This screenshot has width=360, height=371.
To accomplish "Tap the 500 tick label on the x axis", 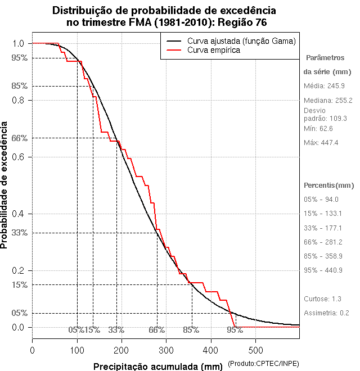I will tap(255, 350).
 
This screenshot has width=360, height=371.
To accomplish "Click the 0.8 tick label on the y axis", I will tap(18, 100).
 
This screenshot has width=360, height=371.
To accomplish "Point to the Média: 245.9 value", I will tap(324, 86).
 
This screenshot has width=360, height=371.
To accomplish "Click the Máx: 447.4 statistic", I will tap(321, 143).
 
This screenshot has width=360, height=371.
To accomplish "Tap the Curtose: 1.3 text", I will tap(322, 298).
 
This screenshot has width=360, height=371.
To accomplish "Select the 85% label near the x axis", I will tap(191, 330).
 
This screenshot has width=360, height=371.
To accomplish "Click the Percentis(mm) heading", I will tap(329, 185).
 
